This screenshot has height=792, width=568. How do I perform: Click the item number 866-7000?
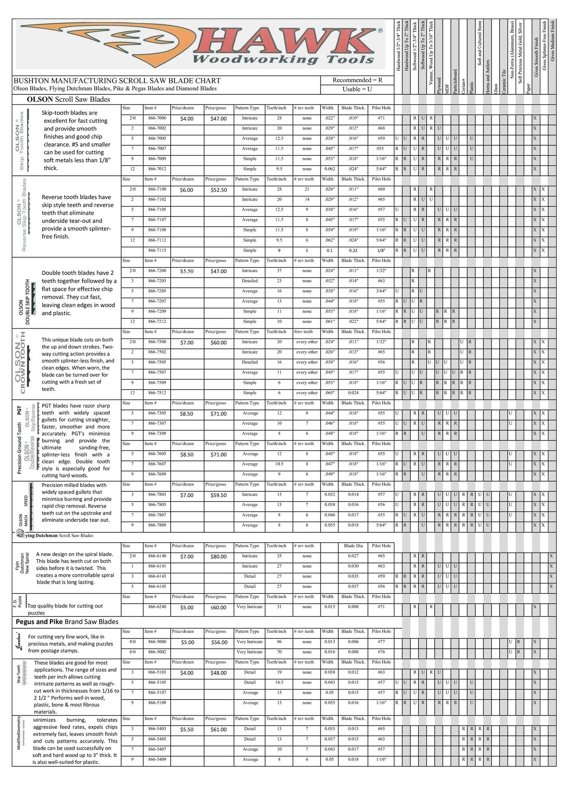tap(157, 118)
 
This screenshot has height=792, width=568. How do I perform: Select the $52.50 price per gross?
tap(218, 190)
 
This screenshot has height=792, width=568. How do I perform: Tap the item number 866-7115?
tap(157, 251)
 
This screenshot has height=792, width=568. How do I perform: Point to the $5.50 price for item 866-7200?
tap(187, 271)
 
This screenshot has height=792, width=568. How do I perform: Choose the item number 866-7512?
tap(157, 393)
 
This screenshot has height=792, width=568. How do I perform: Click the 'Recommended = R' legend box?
tap(357, 80)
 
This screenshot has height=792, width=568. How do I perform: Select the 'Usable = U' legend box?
tap(357, 89)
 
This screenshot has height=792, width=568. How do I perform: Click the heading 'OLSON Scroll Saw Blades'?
tap(68, 99)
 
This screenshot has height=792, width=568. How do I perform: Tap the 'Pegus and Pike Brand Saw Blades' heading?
tap(67, 622)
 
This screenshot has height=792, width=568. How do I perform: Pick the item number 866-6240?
tap(157, 607)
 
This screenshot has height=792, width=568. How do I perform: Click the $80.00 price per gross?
tap(218, 556)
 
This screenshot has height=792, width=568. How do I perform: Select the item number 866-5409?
tap(157, 759)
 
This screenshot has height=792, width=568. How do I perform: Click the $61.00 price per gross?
tap(218, 730)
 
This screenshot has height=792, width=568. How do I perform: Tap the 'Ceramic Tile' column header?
tap(504, 81)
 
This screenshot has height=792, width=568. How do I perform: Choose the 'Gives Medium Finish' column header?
tap(552, 41)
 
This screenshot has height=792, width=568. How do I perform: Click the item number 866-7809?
tap(157, 525)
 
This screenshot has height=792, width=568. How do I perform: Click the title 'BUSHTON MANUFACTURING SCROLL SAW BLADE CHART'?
tap(117, 81)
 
